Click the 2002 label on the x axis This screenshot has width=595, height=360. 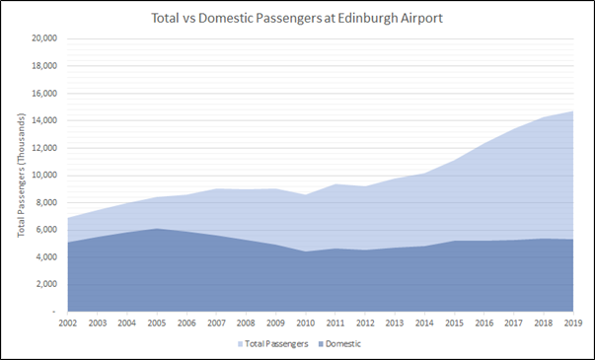pyautogui.click(x=67, y=323)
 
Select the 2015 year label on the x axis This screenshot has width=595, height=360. pyautogui.click(x=453, y=323)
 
